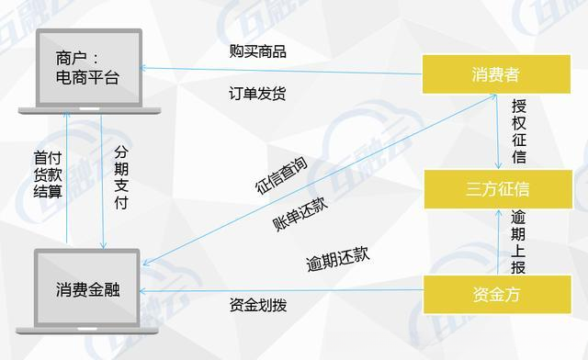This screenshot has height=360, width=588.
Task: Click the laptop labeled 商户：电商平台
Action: (x=86, y=70)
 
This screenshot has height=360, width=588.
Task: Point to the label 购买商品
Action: (x=257, y=51)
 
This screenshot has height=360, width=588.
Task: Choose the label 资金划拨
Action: (x=257, y=305)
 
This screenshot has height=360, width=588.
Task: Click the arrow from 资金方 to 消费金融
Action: (x=276, y=291)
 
